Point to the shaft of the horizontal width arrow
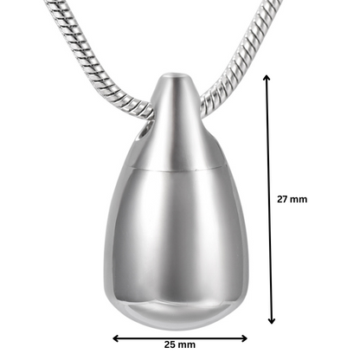click(x=180, y=339)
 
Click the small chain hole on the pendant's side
click(x=145, y=132)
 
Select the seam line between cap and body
click(x=180, y=166)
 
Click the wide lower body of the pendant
click(x=180, y=242)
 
